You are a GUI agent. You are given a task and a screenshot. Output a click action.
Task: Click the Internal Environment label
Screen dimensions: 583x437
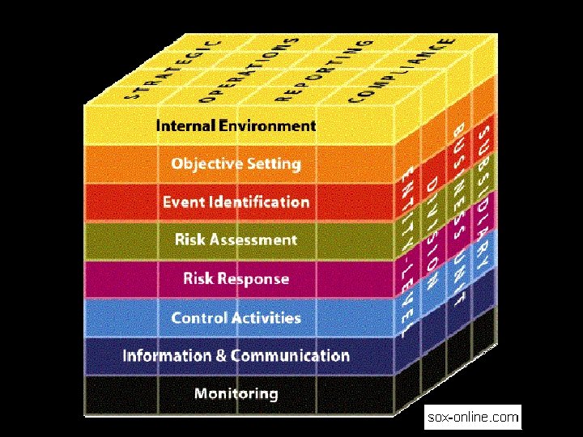pos(236,125)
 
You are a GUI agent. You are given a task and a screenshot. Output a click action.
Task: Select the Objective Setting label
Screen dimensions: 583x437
pos(236,164)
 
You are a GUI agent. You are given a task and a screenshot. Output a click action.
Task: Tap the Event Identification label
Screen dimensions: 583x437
pos(236,202)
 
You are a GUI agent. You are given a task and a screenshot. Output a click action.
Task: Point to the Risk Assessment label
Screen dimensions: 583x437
pos(236,240)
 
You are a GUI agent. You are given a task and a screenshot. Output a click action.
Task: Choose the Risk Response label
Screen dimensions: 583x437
pos(236,278)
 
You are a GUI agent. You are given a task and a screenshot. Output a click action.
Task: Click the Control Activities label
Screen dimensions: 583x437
pos(236,317)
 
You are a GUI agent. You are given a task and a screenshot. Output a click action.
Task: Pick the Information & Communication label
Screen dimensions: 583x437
pos(236,355)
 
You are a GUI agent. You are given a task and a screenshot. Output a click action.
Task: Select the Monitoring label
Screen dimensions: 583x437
pos(236,394)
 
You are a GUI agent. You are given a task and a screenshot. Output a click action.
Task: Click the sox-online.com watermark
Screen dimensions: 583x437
pos(473,418)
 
